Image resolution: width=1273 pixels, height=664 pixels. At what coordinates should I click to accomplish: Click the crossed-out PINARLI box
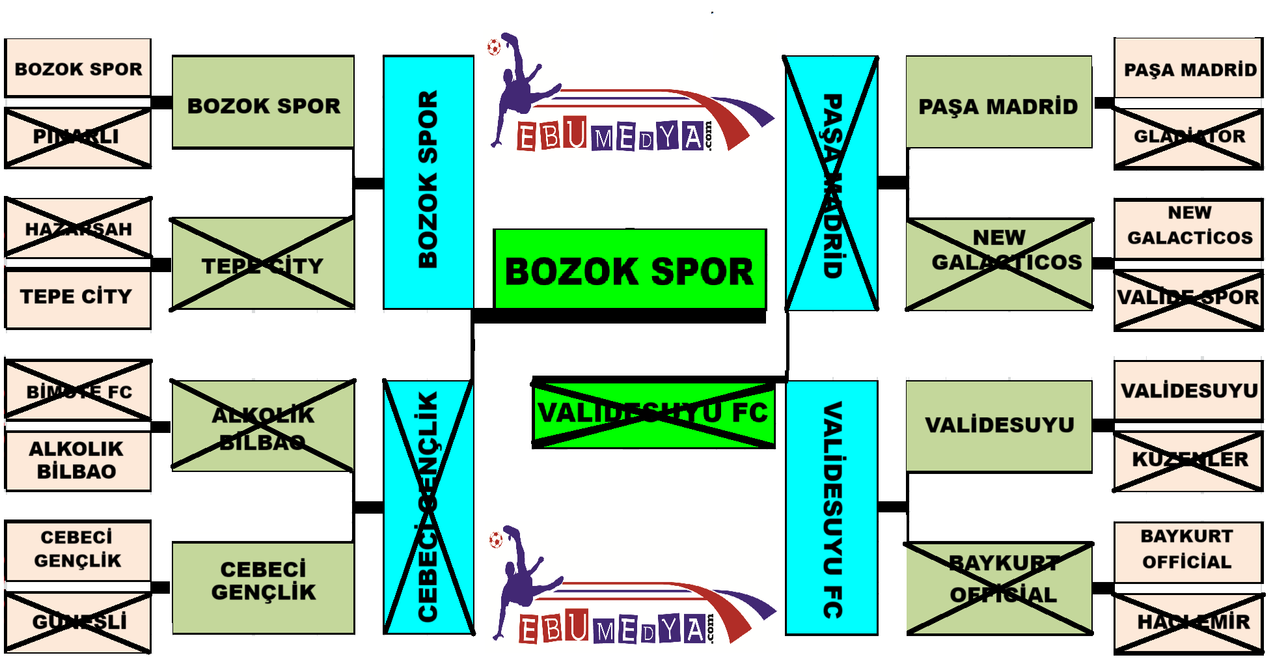pos(77,137)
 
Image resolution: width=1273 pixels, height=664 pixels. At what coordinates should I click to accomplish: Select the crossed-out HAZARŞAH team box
pos(77,228)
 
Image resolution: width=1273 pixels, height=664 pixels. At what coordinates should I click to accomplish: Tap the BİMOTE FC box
pos(77,391)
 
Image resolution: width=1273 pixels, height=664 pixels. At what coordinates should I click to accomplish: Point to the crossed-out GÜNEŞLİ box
pos(77,622)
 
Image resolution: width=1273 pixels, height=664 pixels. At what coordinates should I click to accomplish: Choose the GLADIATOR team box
pos(1188,137)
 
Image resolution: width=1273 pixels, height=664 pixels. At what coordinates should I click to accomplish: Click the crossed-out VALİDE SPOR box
pos(1188,297)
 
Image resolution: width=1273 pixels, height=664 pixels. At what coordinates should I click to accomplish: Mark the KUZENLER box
pos(1188,459)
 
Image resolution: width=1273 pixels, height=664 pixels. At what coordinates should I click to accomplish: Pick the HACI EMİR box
pos(1188,622)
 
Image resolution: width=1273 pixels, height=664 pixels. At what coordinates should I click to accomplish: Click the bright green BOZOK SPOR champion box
pos(629,270)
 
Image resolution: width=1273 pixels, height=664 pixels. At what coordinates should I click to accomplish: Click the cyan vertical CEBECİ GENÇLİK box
pos(428,506)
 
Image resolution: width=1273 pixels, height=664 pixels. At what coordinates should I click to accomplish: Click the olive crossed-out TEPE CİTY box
pos(262,264)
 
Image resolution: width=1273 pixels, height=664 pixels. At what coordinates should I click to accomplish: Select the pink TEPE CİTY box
pos(77,297)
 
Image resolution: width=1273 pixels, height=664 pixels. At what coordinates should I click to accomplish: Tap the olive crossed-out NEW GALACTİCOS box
pos(1000,264)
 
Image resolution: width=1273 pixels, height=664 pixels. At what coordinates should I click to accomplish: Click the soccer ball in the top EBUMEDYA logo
pos(494,47)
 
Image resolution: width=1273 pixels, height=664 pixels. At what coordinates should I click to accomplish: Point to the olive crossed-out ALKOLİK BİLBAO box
pos(262,426)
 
